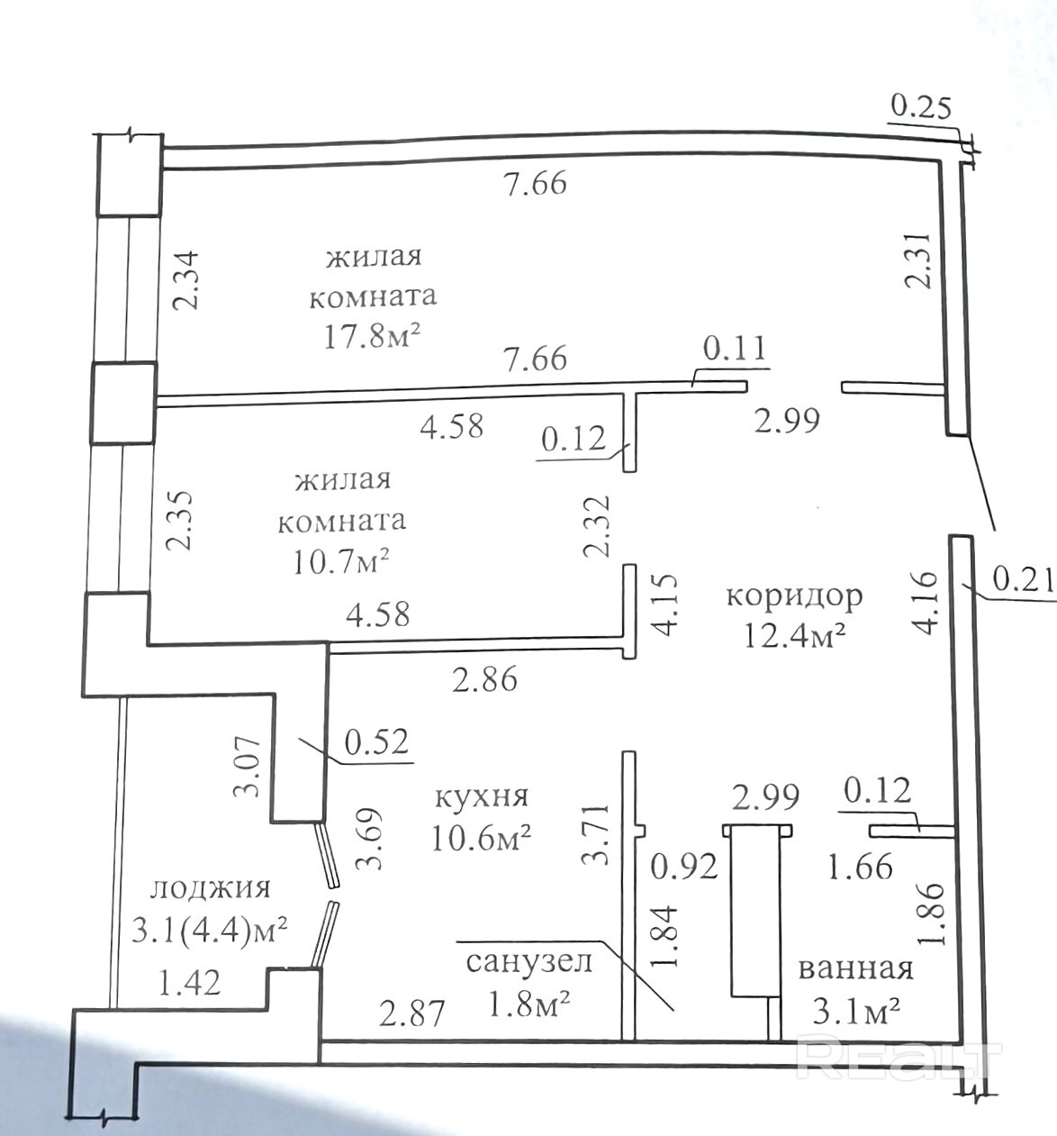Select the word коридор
[795, 596]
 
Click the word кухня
[482, 797]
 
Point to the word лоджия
[210, 889]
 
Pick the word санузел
[528, 961]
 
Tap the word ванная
[856, 969]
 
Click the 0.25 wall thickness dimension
[920, 109]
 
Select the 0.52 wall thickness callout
[376, 742]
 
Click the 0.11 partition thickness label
[734, 349]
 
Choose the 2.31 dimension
[918, 259]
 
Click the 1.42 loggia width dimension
[189, 983]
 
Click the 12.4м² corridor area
[795, 636]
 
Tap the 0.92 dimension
[684, 867]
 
